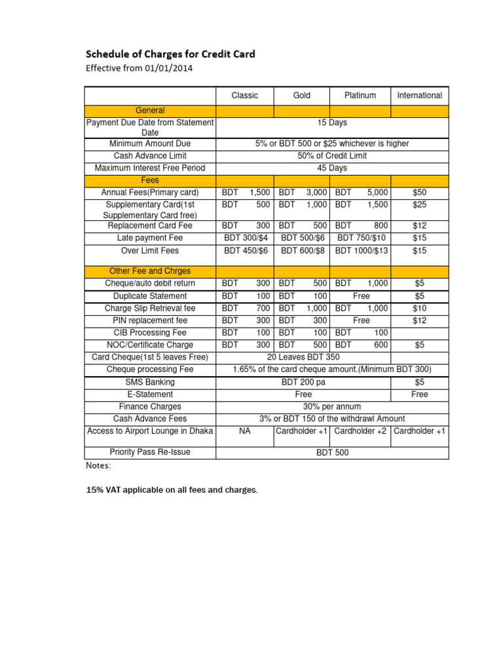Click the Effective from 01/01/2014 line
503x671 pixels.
[140, 67]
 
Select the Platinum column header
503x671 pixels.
[360, 96]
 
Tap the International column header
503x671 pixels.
[419, 96]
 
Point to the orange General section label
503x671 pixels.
[150, 111]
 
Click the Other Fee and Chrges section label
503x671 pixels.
[150, 271]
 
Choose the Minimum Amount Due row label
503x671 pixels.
[150, 144]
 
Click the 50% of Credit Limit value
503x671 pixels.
[332, 156]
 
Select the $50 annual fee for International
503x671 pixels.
[419, 193]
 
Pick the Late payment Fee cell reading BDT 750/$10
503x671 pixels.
[361, 238]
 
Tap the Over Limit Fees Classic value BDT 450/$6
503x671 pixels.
[246, 250]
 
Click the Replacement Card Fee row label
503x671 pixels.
[150, 225]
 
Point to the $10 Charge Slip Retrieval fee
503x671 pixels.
[419, 308]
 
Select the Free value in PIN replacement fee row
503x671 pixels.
[361, 320]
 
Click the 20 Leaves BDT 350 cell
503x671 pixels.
[303, 357]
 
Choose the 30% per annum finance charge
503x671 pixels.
[332, 406]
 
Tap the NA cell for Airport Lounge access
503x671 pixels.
[244, 431]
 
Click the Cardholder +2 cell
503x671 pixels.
[361, 431]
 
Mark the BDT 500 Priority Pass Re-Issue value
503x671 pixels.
[332, 453]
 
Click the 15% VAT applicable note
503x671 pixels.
[172, 490]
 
